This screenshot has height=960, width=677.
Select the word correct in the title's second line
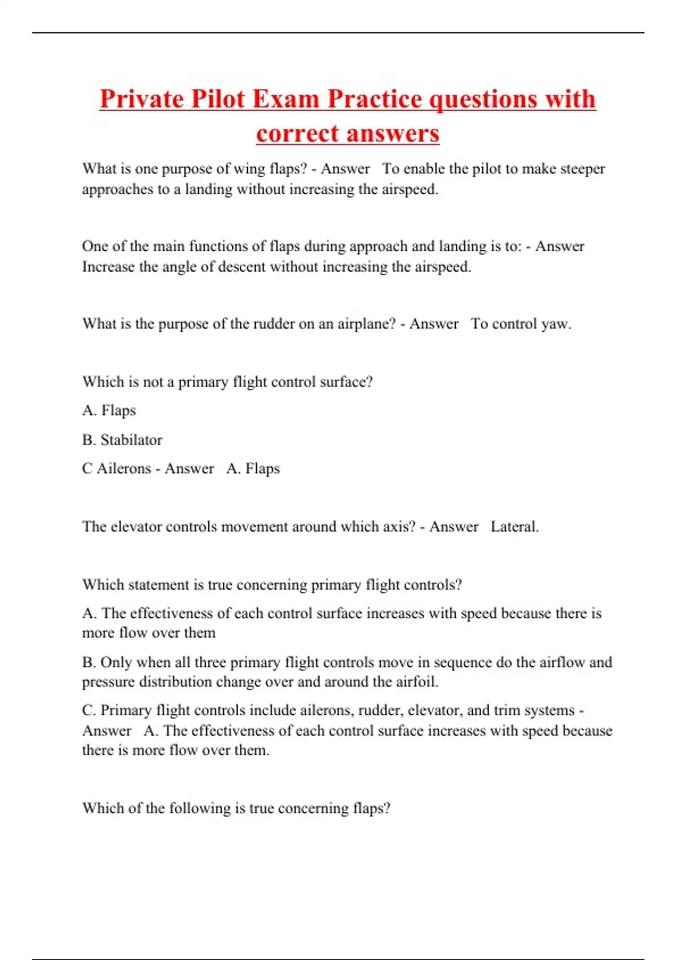(x=297, y=134)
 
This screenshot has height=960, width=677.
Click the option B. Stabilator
(x=122, y=440)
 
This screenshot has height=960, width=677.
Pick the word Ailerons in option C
(x=124, y=469)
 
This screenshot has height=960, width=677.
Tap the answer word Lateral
(x=514, y=527)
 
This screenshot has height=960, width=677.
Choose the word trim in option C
(x=505, y=710)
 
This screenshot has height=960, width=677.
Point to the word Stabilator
(x=131, y=440)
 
